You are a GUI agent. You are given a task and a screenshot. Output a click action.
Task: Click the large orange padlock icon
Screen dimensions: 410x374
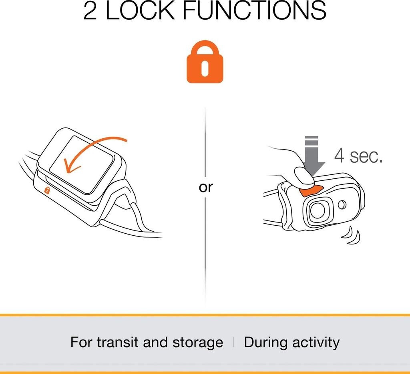coord(205,62)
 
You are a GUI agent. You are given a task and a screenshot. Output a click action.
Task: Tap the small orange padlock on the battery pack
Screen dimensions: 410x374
coord(47,190)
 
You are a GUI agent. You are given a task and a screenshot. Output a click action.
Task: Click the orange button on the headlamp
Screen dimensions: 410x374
coord(311,191)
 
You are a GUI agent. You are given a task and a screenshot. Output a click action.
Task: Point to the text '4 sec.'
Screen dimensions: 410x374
coord(358,156)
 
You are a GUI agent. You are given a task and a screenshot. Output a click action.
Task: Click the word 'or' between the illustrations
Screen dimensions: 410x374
coord(206,187)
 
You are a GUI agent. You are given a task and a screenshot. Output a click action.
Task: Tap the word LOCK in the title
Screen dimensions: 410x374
coord(140,10)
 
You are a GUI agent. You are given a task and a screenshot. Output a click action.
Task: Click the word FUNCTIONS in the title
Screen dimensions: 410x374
coord(254,10)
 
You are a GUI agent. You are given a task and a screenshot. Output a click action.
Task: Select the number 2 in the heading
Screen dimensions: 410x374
coord(90,11)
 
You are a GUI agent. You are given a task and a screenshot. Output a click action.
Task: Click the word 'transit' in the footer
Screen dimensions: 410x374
coord(117,342)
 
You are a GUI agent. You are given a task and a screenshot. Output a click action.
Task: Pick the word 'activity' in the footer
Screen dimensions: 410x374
coord(316,343)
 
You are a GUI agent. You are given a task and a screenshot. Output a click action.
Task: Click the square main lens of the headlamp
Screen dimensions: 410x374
coord(317,210)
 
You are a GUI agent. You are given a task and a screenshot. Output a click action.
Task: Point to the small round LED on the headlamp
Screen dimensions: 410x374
coord(342,205)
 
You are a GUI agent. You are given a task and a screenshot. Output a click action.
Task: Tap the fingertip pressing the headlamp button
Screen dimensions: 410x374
coord(304,177)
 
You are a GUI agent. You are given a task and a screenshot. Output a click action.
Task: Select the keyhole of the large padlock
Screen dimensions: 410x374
coord(205,68)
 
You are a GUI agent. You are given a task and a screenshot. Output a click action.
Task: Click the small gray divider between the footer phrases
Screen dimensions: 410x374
coord(233,343)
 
